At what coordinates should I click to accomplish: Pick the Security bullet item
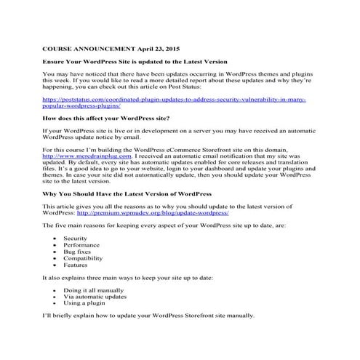point(75,239)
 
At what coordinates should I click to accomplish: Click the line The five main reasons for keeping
point(164,226)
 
